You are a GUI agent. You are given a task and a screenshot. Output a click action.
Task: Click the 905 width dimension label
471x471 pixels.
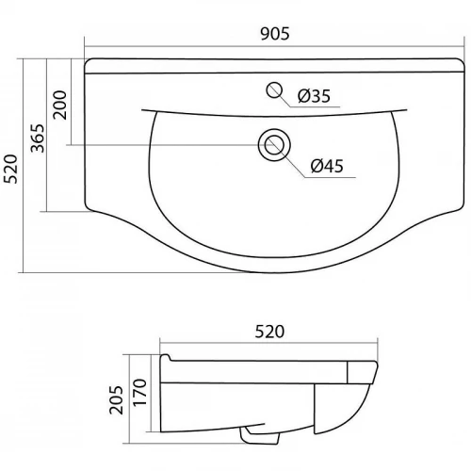click(x=275, y=34)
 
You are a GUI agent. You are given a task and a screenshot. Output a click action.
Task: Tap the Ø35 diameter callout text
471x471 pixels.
click(x=314, y=96)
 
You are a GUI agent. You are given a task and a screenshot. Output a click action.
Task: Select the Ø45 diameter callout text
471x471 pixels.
click(x=327, y=166)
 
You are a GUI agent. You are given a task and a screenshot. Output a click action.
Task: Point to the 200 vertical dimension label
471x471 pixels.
click(x=60, y=105)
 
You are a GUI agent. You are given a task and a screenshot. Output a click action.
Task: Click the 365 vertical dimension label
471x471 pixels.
click(x=38, y=138)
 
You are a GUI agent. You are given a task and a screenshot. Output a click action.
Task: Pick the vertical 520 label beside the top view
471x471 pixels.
click(x=11, y=169)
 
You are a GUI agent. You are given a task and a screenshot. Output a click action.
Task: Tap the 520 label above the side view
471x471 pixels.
click(x=269, y=332)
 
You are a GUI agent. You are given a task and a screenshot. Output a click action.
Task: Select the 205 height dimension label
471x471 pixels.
click(x=117, y=399)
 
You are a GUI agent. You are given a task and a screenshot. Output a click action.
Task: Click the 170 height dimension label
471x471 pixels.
click(x=139, y=392)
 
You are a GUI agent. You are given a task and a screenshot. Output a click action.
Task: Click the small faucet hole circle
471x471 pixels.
click(x=274, y=90)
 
